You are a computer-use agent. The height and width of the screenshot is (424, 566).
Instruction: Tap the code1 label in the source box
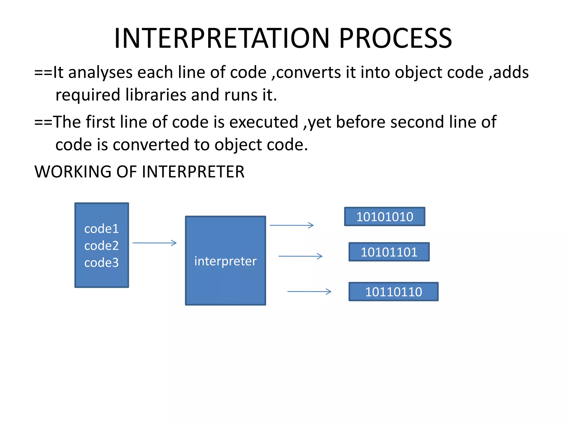coord(101,229)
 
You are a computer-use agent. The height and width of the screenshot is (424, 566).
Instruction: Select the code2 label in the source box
coord(101,245)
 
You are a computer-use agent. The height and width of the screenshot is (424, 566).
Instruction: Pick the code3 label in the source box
coord(101,262)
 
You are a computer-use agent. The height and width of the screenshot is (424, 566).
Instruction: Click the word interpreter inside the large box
coord(225,261)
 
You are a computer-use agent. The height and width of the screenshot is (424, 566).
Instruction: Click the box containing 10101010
coord(384,217)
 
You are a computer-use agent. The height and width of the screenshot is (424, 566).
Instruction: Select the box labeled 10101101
coord(389,252)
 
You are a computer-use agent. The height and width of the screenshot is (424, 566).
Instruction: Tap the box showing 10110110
coord(393,292)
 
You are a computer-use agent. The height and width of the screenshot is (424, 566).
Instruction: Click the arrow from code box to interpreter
coord(154,243)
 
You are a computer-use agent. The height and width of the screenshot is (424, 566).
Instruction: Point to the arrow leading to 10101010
coord(292,225)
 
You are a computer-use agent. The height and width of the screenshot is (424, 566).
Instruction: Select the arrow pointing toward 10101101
coord(300,256)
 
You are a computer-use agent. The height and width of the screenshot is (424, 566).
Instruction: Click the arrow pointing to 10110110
coord(309,291)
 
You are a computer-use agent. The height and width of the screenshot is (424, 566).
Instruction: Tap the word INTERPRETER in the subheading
coord(193,172)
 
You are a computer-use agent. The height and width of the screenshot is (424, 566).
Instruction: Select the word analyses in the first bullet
coord(100,73)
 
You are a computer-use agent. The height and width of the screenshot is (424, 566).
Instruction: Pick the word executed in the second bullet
coord(264,122)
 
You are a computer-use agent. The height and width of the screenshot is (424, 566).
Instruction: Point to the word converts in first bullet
coord(308,73)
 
